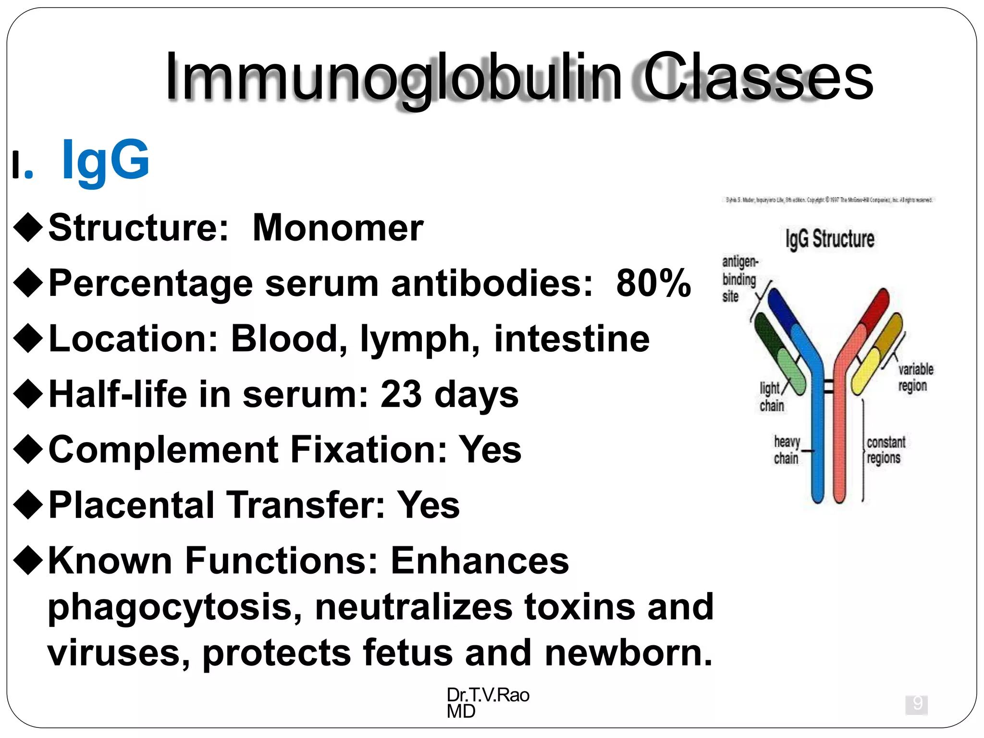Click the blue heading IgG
click(x=106, y=160)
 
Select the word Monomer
click(x=338, y=228)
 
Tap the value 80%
click(x=653, y=283)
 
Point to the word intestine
click(x=572, y=339)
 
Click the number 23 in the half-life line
click(x=401, y=394)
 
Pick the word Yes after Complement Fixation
click(x=490, y=450)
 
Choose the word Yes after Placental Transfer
click(x=428, y=505)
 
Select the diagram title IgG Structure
click(x=830, y=239)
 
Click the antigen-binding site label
click(x=740, y=279)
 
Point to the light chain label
click(x=772, y=397)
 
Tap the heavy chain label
click(x=787, y=450)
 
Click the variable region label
click(x=915, y=378)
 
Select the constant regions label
click(x=886, y=450)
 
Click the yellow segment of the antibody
click(x=865, y=372)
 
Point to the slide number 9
click(x=917, y=704)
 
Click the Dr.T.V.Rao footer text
click(x=488, y=695)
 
